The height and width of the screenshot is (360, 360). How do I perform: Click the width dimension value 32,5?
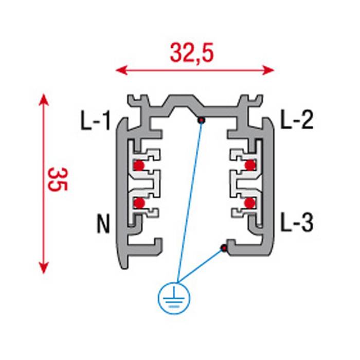pyautogui.click(x=192, y=53)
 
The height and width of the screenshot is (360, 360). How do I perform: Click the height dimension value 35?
pyautogui.click(x=58, y=178)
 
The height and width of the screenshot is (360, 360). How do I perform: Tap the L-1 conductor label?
pyautogui.click(x=95, y=121)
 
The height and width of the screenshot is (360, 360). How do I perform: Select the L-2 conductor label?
pyautogui.click(x=296, y=121)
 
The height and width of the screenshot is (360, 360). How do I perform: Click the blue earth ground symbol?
pyautogui.click(x=175, y=298)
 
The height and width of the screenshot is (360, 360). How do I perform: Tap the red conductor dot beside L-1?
pyautogui.click(x=139, y=166)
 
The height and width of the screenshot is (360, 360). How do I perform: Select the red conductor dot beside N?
pyautogui.click(x=139, y=203)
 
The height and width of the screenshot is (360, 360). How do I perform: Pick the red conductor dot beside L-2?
pyautogui.click(x=250, y=165)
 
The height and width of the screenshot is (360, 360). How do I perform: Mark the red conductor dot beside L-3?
pyautogui.click(x=249, y=203)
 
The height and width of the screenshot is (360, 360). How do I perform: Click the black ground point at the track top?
pyautogui.click(x=202, y=120)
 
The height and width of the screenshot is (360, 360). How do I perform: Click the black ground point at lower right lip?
pyautogui.click(x=224, y=249)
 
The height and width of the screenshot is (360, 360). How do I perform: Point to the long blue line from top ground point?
pyautogui.click(x=189, y=201)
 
